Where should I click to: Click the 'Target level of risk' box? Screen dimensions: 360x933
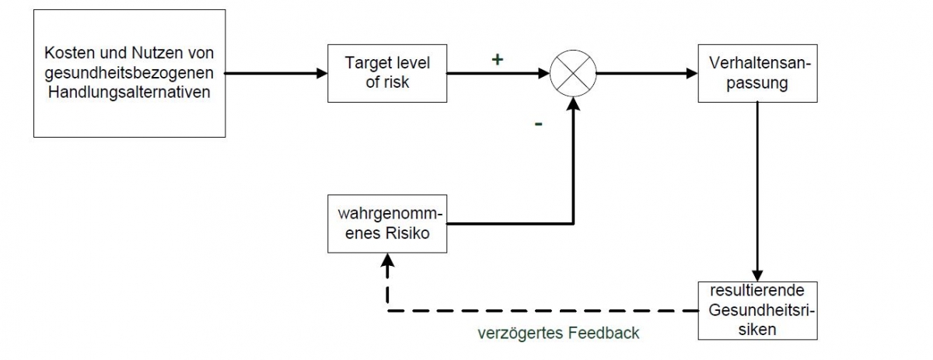386,72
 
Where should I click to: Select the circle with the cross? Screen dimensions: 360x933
572,74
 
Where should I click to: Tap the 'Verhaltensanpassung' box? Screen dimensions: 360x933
757,73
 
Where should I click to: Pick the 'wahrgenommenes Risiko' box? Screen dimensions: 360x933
387,223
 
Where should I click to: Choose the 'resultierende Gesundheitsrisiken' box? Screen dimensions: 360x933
757,309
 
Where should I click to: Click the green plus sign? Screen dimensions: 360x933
498,58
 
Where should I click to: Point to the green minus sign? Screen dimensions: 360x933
537,124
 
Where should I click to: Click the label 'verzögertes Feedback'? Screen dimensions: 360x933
558,333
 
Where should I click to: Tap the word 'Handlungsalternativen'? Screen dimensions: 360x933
129,91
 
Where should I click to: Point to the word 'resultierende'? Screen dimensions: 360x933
757,293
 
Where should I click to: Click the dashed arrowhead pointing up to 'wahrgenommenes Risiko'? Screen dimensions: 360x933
387,262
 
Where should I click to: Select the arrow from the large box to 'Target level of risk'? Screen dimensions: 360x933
276,74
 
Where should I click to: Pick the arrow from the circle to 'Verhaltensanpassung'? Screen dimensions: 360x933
645,74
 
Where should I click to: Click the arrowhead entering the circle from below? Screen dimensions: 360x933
572,106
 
